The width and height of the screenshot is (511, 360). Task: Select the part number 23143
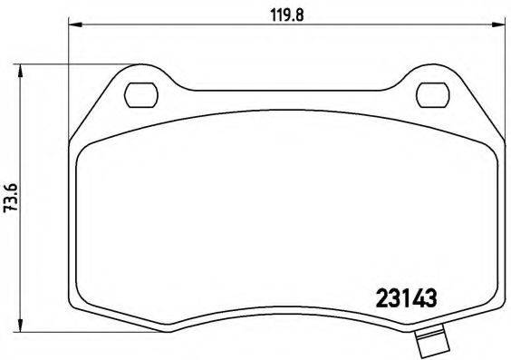pyautogui.click(x=407, y=297)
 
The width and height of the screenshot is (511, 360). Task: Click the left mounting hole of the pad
pyautogui.click(x=140, y=92)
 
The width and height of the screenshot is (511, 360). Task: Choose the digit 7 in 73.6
pyautogui.click(x=12, y=208)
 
